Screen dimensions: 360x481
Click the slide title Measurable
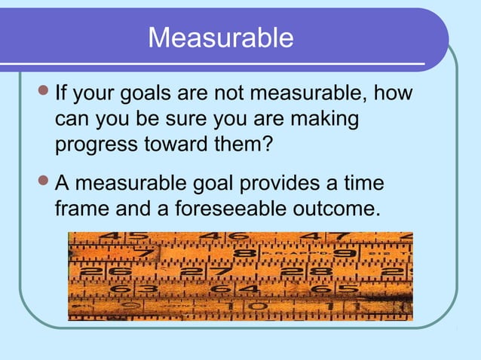(220, 38)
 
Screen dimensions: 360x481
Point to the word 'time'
(363, 183)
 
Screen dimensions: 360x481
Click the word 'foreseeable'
(219, 206)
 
